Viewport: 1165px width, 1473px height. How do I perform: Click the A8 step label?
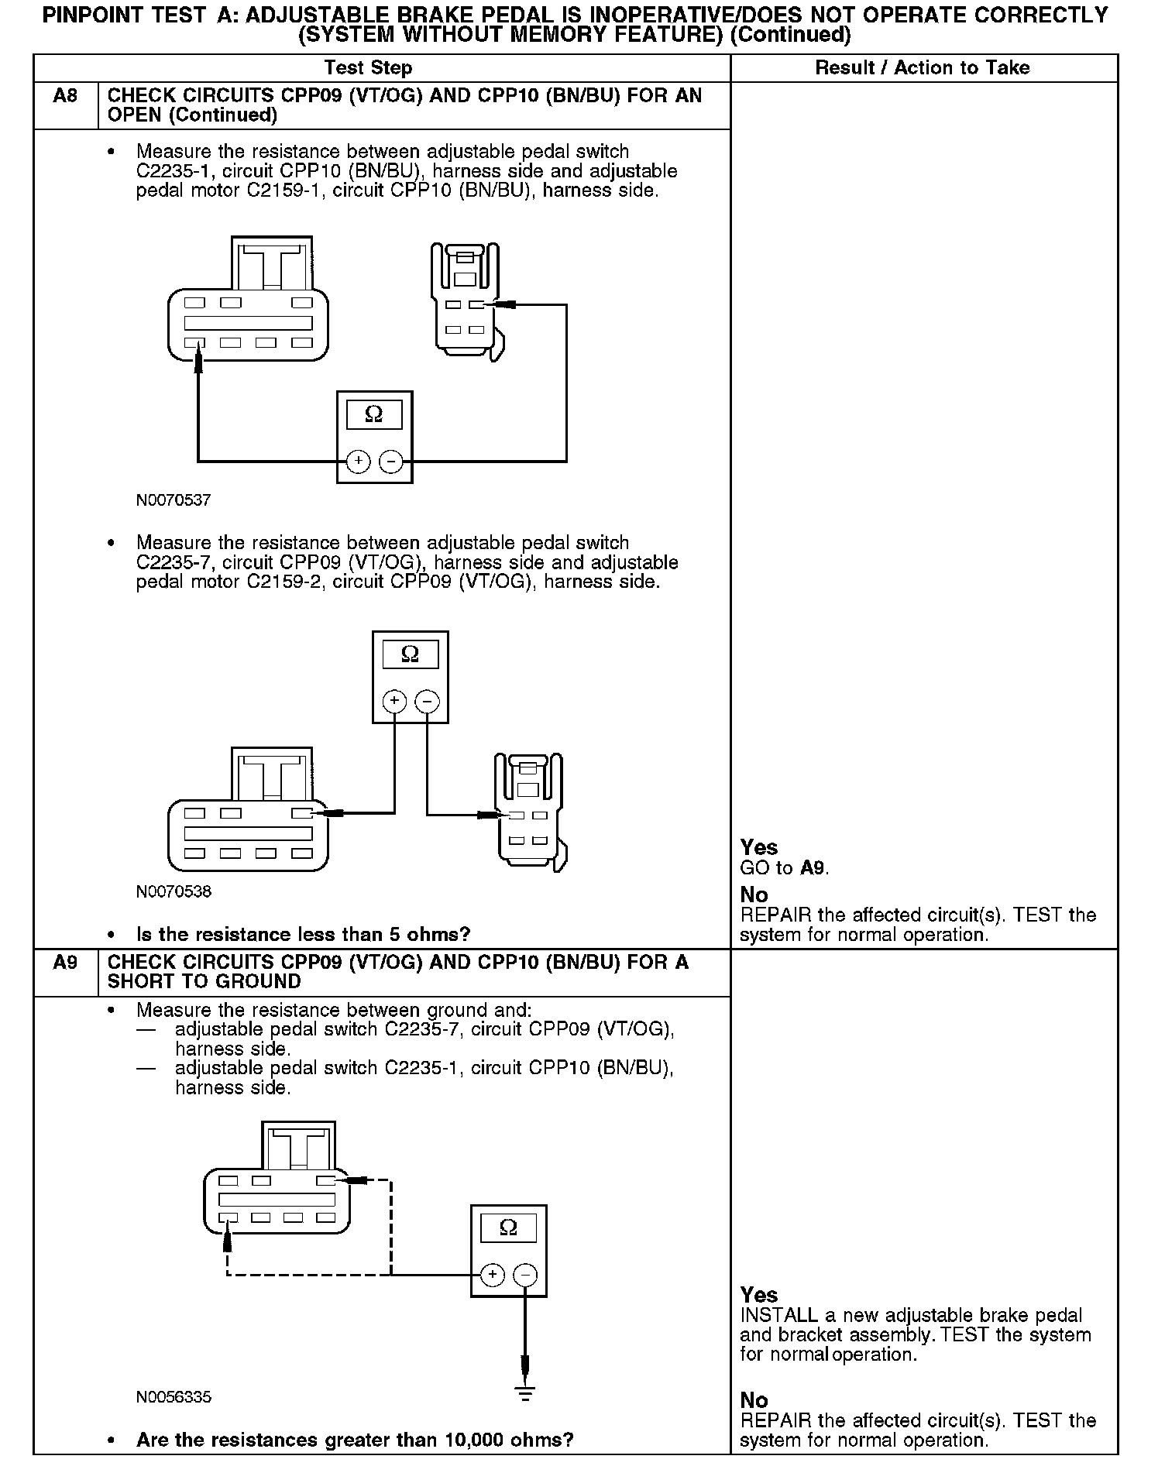pos(65,96)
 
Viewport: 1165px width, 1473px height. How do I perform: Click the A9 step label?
pos(65,963)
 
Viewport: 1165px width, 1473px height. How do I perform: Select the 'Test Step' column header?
pos(368,68)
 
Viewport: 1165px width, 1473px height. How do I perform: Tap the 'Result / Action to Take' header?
pos(922,68)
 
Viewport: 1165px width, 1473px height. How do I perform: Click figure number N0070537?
pos(174,500)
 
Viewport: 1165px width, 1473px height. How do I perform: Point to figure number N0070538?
pos(174,891)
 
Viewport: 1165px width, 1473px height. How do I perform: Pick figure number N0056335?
pos(174,1397)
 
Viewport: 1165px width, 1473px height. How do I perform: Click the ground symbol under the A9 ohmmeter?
pos(525,1395)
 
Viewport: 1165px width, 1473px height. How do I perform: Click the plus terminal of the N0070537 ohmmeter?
pos(358,462)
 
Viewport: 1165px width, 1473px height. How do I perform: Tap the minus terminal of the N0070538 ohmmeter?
pos(428,702)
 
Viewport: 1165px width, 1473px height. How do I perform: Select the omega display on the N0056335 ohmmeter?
pos(508,1227)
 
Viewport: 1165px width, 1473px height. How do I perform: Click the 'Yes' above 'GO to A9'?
pos(758,847)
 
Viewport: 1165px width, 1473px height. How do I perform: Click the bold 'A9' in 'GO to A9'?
pos(813,868)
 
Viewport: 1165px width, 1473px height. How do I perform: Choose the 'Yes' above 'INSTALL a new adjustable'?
pos(758,1295)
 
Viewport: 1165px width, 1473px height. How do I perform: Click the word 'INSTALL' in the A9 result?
pos(778,1316)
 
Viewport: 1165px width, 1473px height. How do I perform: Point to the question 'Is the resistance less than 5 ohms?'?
pos(303,935)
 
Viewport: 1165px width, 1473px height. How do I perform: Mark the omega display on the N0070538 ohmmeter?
pos(411,655)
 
